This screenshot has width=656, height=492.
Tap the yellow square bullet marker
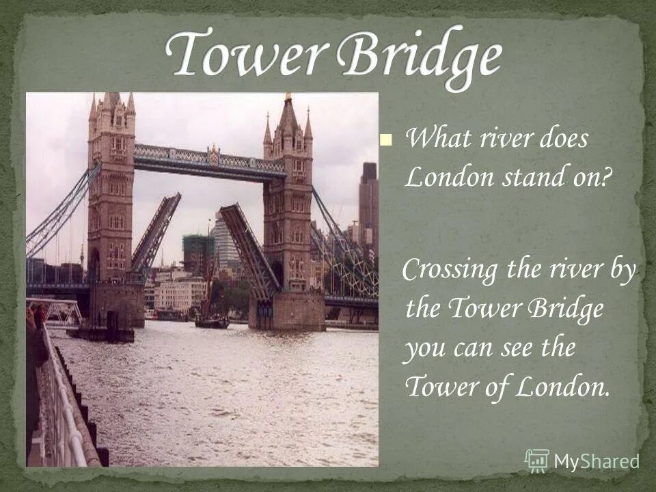387,141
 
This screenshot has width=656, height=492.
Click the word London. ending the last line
561,387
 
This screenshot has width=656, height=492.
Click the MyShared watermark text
596,462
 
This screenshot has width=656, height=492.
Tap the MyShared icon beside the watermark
537,461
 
